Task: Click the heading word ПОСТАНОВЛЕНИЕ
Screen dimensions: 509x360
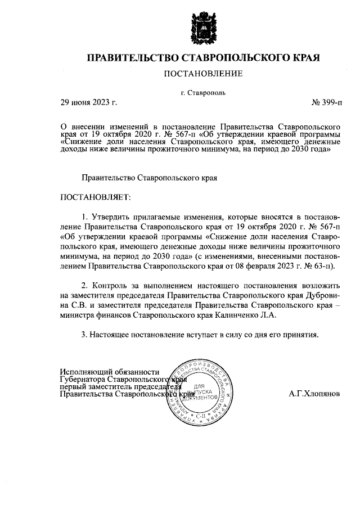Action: coord(202,74)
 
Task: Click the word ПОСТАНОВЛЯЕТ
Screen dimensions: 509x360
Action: coord(94,197)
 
